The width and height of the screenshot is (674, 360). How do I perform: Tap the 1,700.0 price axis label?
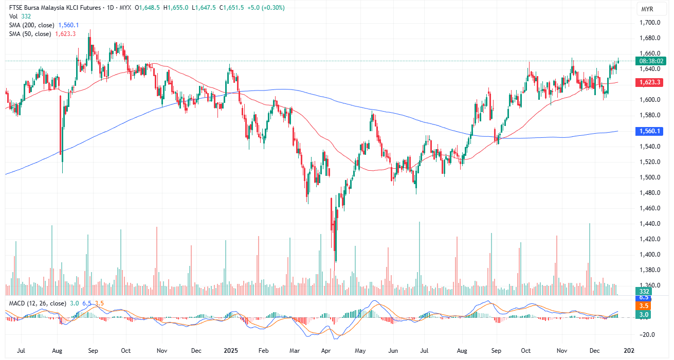click(x=650, y=23)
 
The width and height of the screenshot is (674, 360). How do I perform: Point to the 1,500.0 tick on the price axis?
click(x=650, y=177)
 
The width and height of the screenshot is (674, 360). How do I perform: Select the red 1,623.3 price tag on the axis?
click(x=650, y=82)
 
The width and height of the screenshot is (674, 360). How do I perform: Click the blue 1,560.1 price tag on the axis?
click(x=650, y=131)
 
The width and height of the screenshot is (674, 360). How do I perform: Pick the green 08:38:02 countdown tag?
click(x=650, y=61)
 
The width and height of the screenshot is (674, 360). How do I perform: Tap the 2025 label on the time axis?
click(x=231, y=351)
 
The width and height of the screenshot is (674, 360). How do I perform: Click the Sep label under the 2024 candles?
click(x=93, y=351)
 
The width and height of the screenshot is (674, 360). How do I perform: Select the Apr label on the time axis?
click(x=326, y=351)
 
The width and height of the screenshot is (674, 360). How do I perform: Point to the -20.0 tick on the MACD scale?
click(x=648, y=334)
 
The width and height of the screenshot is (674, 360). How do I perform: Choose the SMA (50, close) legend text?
click(x=30, y=34)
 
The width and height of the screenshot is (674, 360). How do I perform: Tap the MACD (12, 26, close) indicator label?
click(x=38, y=303)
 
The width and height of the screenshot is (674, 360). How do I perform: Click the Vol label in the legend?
click(x=13, y=16)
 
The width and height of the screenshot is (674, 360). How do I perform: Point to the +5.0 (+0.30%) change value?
click(x=266, y=8)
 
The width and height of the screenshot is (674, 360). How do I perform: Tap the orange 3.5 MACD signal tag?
click(x=643, y=305)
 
